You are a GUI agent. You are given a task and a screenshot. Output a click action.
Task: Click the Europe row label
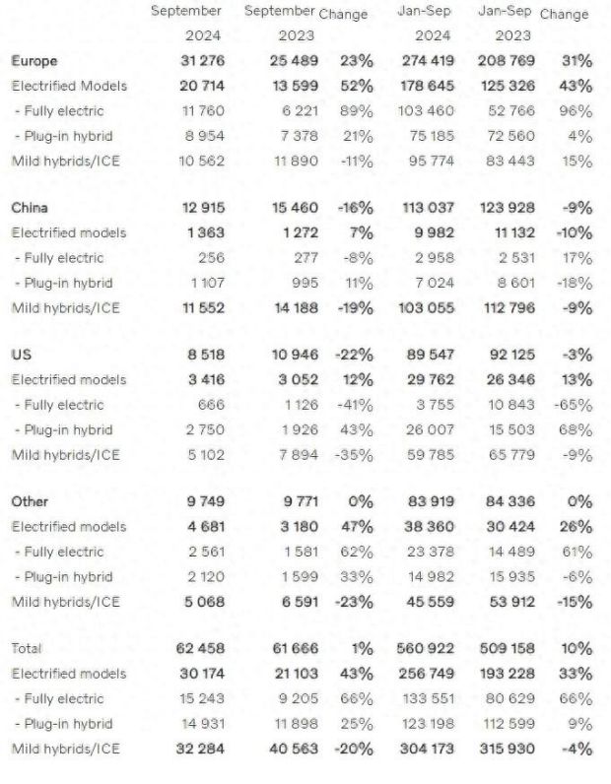pyautogui.click(x=34, y=61)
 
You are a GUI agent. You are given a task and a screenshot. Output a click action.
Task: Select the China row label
pyautogui.click(x=30, y=208)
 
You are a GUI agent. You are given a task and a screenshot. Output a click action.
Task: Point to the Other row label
pyautogui.click(x=30, y=501)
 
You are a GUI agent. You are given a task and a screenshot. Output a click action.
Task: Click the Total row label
pyautogui.click(x=28, y=648)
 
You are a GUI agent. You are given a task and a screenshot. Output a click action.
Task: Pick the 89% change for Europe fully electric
pyautogui.click(x=356, y=110)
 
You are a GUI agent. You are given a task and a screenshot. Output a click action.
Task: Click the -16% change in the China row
pyautogui.click(x=354, y=208)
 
